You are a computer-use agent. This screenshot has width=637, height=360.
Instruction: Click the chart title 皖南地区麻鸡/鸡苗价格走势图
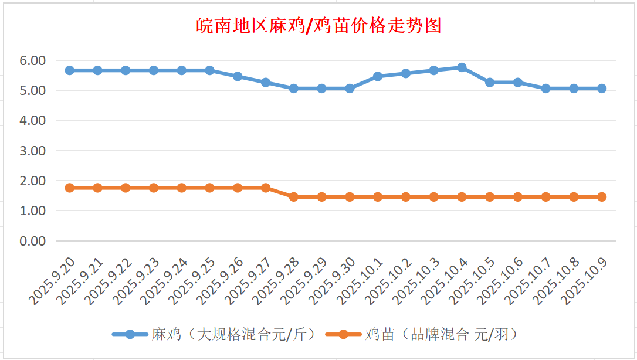pyautogui.click(x=318, y=26)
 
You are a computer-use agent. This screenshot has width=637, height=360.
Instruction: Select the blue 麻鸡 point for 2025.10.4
pyautogui.click(x=462, y=67)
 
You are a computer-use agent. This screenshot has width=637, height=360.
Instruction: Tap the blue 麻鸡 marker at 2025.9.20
pyautogui.click(x=70, y=70)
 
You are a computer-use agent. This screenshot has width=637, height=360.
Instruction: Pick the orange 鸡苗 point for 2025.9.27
pyautogui.click(x=266, y=188)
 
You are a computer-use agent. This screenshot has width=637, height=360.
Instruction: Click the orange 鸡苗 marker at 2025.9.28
pyautogui.click(x=294, y=197)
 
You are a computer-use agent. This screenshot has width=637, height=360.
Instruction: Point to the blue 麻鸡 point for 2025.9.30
pyautogui.click(x=350, y=89)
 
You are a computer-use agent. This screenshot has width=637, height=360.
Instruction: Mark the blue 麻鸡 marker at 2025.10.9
pyautogui.click(x=602, y=89)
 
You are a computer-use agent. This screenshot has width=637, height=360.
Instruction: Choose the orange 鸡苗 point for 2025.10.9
pyautogui.click(x=602, y=197)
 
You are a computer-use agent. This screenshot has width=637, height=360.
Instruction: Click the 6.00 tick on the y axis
pyautogui.click(x=32, y=60)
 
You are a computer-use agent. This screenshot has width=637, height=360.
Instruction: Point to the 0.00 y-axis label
pyautogui.click(x=32, y=241)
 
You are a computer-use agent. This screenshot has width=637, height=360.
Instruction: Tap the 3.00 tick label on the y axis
pyautogui.click(x=32, y=151)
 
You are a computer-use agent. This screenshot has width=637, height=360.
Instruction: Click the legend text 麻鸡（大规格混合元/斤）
pyautogui.click(x=234, y=335)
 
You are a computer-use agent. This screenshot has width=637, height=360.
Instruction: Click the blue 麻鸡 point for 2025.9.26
pyautogui.click(x=238, y=76)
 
